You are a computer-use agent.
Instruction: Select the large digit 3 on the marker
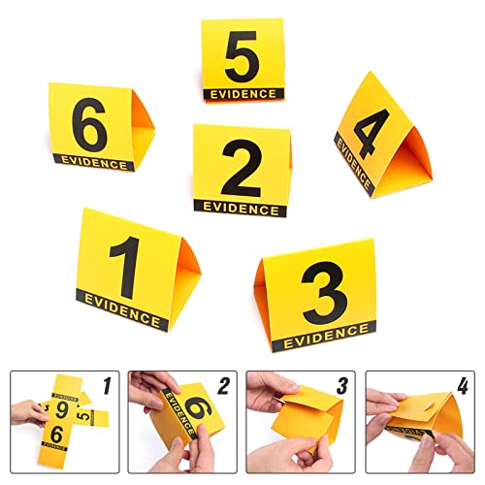click(324, 293)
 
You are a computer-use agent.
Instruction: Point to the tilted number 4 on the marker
click(372, 131)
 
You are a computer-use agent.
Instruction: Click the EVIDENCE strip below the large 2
click(240, 207)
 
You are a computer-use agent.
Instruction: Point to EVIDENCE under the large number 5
click(242, 93)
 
